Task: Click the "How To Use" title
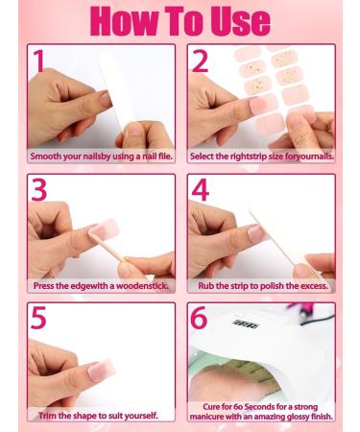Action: point(179,20)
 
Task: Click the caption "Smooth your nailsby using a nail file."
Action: point(101,156)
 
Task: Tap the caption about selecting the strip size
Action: point(260,156)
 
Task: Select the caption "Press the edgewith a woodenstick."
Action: point(101,285)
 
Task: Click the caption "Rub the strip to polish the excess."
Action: point(260,285)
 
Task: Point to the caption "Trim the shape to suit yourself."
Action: point(100,415)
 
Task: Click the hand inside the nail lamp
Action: point(252,379)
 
